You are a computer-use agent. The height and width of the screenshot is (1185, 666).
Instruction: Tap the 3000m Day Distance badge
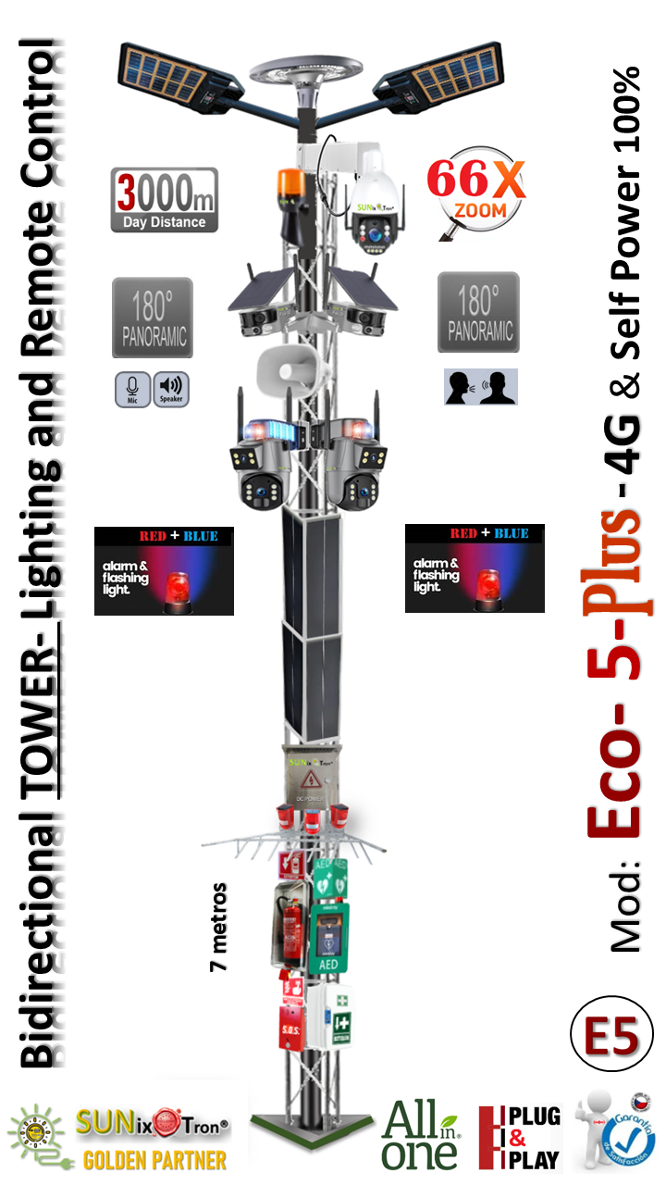(x=164, y=199)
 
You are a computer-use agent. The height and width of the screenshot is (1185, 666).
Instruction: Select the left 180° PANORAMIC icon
(x=153, y=317)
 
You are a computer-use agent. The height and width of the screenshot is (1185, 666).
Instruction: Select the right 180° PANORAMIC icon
(x=478, y=312)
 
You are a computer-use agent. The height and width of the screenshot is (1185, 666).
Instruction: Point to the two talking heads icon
(x=480, y=387)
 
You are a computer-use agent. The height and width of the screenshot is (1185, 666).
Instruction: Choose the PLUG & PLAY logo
(x=519, y=1137)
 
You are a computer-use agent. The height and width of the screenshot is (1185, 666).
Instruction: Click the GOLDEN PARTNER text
(x=154, y=1159)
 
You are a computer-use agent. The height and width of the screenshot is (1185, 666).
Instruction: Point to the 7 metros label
(x=219, y=926)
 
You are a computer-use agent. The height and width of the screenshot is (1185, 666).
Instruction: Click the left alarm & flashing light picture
(x=164, y=570)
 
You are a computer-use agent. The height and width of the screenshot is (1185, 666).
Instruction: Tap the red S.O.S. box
(x=292, y=1024)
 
